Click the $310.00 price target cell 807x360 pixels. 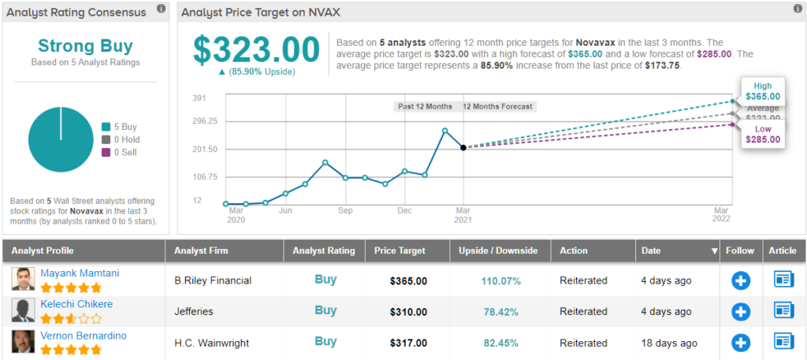click(408, 312)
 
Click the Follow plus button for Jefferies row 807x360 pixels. click(741, 311)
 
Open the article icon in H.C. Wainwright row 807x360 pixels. click(784, 342)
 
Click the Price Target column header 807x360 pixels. click(400, 251)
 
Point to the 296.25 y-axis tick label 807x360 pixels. click(204, 121)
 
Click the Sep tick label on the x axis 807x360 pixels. click(344, 211)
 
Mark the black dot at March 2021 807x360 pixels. click(463, 147)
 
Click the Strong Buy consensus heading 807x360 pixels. click(86, 46)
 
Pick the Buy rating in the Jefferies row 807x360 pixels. click(325, 310)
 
